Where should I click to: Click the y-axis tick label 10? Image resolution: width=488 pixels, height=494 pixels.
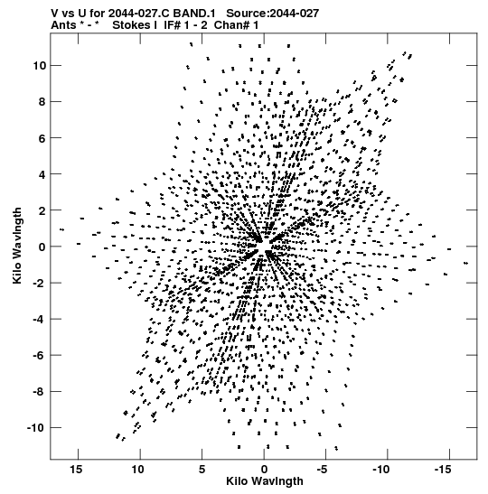(x=40, y=66)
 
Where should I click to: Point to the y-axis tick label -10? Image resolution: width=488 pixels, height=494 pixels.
(x=37, y=428)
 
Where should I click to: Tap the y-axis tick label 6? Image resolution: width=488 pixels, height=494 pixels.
(x=42, y=138)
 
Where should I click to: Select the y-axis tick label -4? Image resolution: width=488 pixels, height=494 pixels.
(x=40, y=319)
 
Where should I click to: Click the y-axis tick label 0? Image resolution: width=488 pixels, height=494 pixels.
(x=42, y=247)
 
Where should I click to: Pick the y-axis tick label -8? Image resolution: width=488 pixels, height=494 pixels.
(x=40, y=392)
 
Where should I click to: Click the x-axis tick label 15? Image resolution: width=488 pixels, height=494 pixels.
(x=76, y=470)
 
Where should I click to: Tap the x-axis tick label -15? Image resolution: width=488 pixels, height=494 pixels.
(x=443, y=470)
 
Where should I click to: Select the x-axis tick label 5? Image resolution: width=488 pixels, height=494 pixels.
(x=202, y=470)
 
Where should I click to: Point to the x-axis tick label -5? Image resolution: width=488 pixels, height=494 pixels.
(x=322, y=470)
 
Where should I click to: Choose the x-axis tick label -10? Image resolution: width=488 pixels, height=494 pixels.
(x=381, y=470)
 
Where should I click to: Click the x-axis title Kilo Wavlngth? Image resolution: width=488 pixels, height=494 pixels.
(x=265, y=481)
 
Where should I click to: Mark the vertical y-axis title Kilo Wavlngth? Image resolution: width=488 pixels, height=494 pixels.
(x=17, y=246)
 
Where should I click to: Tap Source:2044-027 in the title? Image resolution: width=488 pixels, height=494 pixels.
(x=273, y=14)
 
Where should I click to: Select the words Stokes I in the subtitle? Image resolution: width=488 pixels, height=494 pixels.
(x=135, y=25)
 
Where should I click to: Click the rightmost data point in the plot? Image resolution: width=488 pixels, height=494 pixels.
(x=466, y=263)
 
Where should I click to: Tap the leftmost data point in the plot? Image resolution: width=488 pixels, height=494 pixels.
(x=61, y=229)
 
